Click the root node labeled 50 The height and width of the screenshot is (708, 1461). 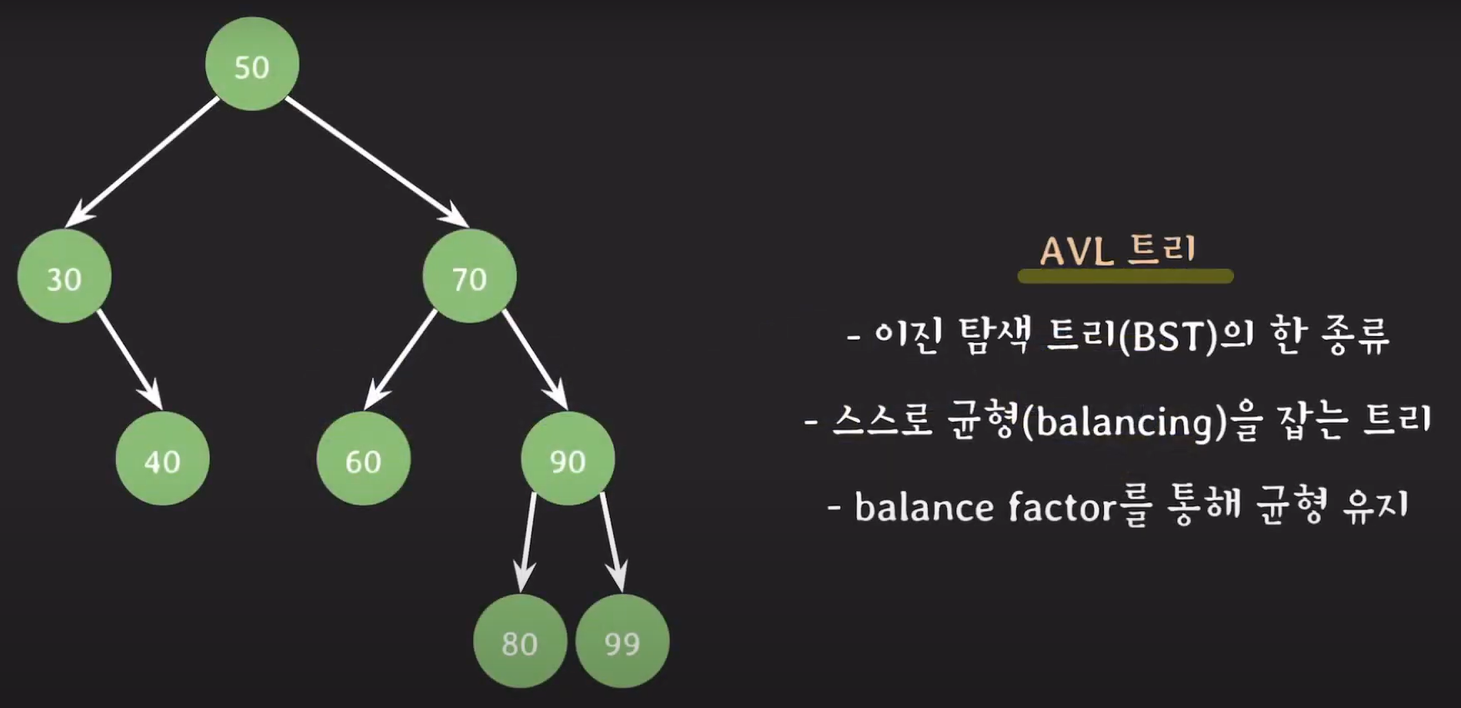(x=252, y=65)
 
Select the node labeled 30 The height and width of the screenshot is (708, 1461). (x=64, y=277)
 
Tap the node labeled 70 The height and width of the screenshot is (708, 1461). (x=469, y=277)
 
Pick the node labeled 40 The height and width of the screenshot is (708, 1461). (x=162, y=459)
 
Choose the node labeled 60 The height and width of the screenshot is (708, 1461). (x=363, y=459)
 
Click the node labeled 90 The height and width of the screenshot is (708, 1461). (x=567, y=459)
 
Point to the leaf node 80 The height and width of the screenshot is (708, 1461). (x=519, y=641)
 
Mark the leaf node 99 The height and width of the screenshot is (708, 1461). (x=622, y=641)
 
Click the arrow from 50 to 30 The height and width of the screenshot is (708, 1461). (x=143, y=162)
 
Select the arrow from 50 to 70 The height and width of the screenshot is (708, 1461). (x=376, y=162)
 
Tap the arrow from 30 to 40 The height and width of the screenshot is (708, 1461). (x=129, y=359)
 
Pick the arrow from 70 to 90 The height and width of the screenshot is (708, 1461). (x=535, y=359)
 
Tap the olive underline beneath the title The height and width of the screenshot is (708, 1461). (x=1125, y=276)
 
